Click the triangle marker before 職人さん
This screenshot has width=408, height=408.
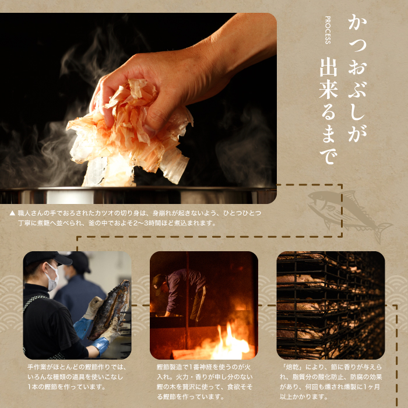point(12,214)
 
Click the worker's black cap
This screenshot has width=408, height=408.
point(45,258)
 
